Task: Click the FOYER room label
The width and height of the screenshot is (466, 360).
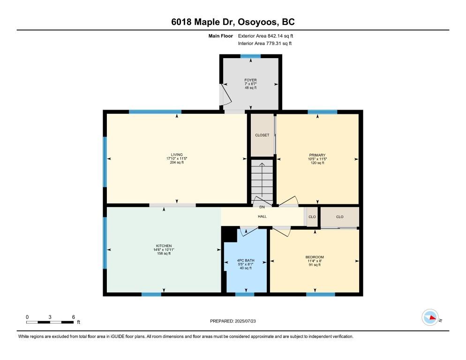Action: pyautogui.click(x=250, y=80)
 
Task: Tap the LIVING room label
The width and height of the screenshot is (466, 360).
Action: pyautogui.click(x=176, y=155)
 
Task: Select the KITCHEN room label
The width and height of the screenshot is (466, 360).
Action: pyautogui.click(x=164, y=246)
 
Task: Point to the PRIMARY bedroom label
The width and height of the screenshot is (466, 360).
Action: pyautogui.click(x=317, y=155)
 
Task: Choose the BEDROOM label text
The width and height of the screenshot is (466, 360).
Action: pyautogui.click(x=314, y=257)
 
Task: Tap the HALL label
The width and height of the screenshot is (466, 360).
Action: pyautogui.click(x=262, y=217)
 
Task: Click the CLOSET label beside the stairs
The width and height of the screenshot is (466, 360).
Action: pyautogui.click(x=262, y=135)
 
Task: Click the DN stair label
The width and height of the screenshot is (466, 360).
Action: pyautogui.click(x=262, y=207)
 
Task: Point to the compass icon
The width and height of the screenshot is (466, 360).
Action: pyautogui.click(x=429, y=317)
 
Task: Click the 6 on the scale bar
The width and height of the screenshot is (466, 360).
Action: pyautogui.click(x=74, y=317)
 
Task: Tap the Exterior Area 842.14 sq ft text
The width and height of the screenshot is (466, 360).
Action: pyautogui.click(x=265, y=36)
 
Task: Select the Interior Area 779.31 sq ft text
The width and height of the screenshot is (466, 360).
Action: pyautogui.click(x=265, y=44)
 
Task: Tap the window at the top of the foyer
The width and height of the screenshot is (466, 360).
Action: pyautogui.click(x=250, y=56)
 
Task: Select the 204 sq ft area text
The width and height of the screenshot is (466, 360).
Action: pyautogui.click(x=176, y=163)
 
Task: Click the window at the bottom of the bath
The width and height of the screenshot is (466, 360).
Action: pyautogui.click(x=244, y=294)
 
